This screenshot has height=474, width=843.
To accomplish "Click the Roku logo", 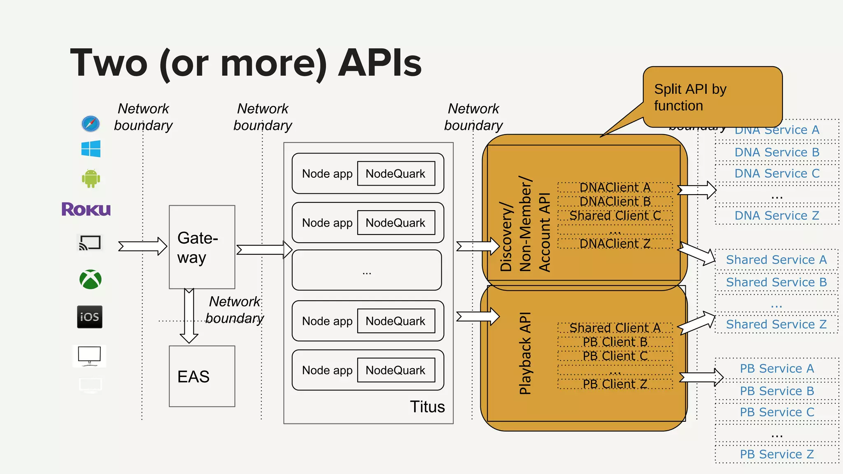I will [x=86, y=209].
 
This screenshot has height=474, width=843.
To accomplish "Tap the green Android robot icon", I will [x=91, y=179].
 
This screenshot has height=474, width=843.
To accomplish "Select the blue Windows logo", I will [x=91, y=149].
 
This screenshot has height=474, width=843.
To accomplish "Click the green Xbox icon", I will [x=91, y=280].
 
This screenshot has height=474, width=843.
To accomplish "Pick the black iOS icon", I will [x=90, y=317].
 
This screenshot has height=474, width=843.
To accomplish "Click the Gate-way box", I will [x=202, y=247].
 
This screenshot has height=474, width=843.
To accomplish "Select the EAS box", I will [x=202, y=376].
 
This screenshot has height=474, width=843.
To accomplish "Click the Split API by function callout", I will [x=712, y=97].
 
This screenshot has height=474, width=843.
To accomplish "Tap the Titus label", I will [x=427, y=407].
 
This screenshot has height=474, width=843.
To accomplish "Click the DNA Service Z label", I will [x=777, y=216].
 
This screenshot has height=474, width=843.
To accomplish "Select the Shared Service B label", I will [x=776, y=282].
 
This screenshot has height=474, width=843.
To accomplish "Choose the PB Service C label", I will [x=777, y=412].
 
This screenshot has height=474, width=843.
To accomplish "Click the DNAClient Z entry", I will [x=615, y=244].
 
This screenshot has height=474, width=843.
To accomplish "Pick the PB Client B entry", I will [x=615, y=342].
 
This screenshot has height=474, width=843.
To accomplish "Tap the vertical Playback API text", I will [x=525, y=353].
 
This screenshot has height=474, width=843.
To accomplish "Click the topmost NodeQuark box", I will [x=396, y=174].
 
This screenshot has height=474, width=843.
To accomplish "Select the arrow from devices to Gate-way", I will [x=142, y=246].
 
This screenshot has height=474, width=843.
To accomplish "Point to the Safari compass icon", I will [x=91, y=123].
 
